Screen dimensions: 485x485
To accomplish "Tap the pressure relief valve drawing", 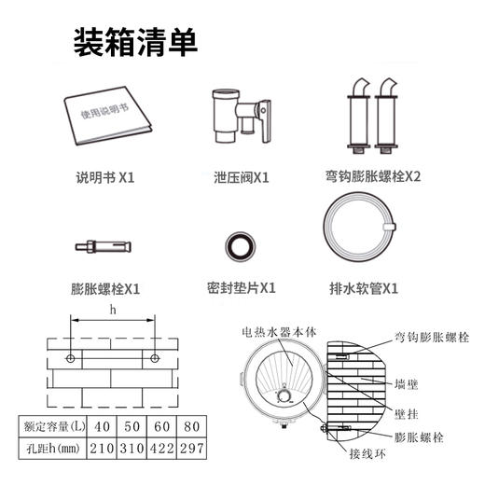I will click(238, 118).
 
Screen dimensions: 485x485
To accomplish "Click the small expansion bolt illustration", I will click(105, 246).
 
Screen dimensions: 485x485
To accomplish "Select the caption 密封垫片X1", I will click(241, 287).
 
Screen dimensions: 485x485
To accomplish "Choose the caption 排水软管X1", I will click(364, 287).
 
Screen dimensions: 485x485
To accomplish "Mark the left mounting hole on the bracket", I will click(71, 358).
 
